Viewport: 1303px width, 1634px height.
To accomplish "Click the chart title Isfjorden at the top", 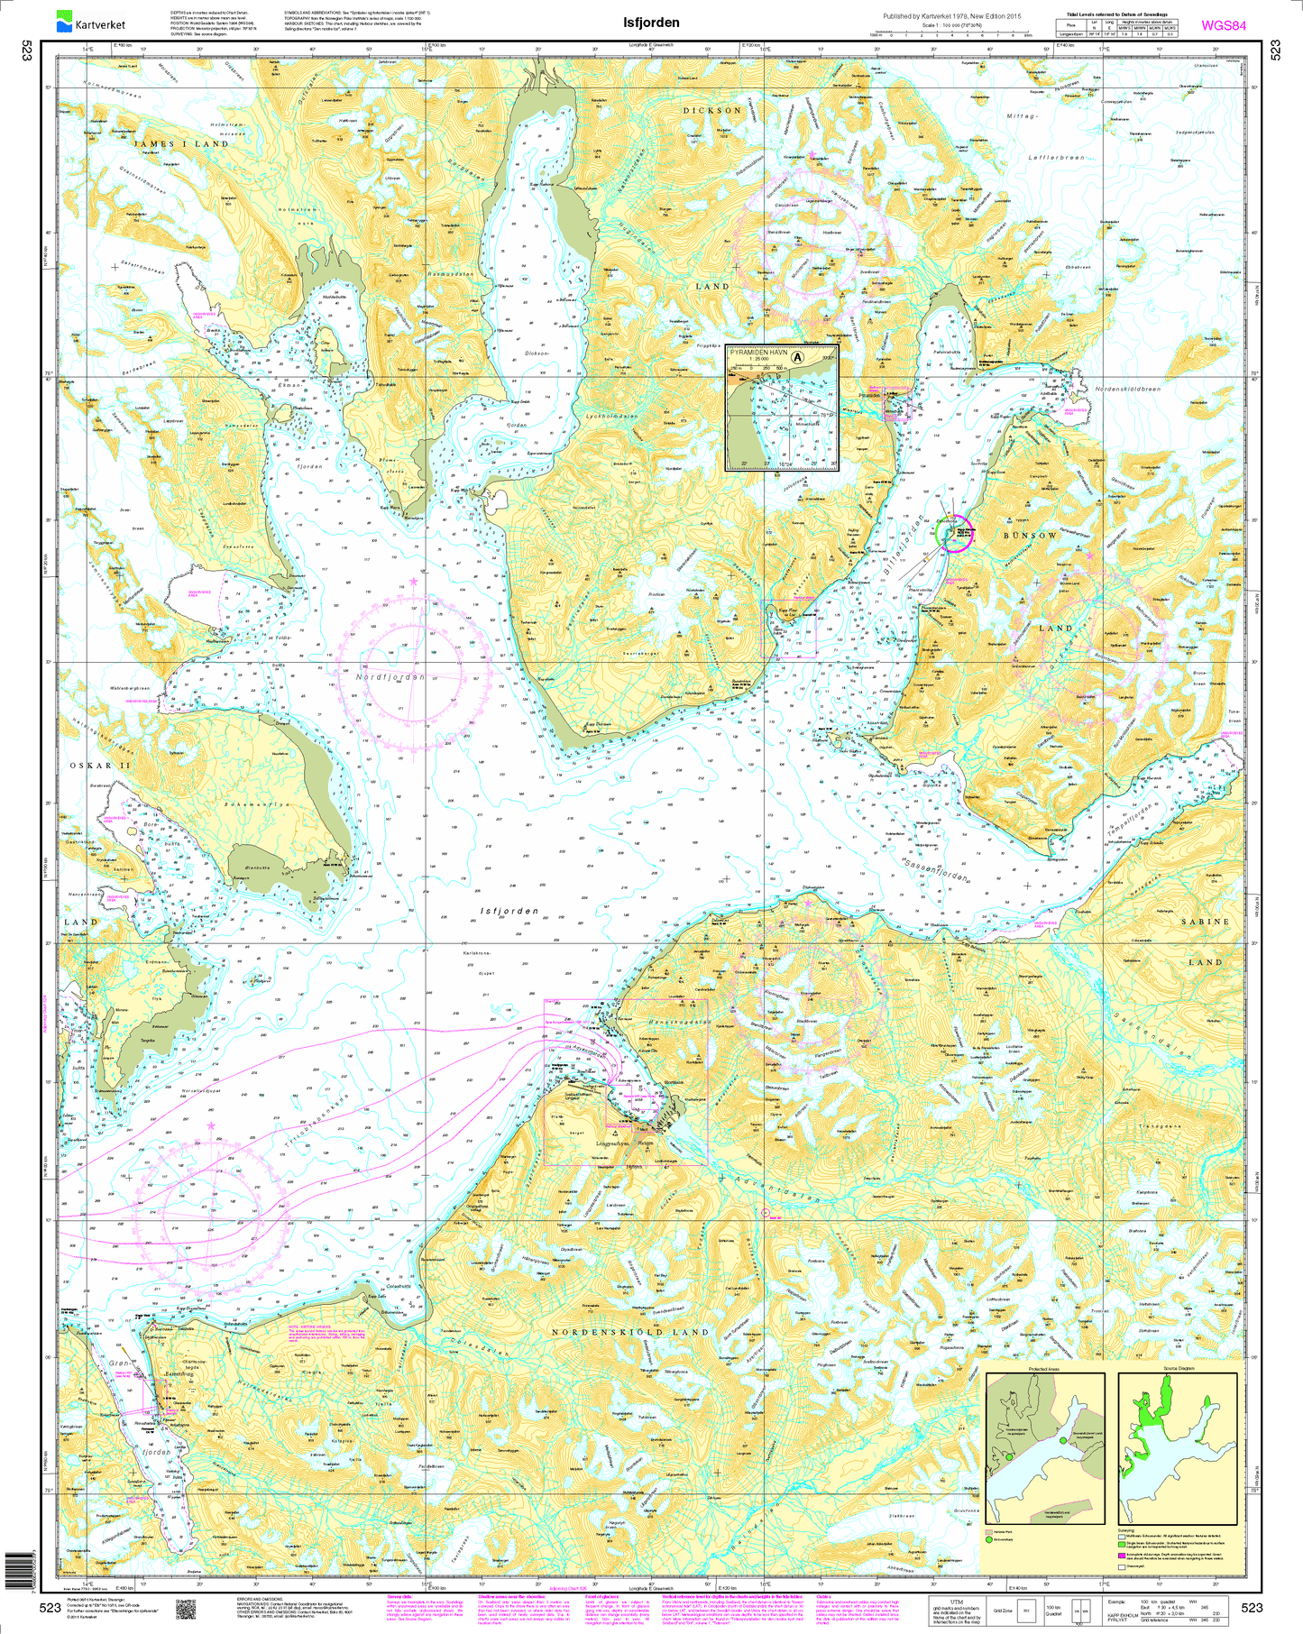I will click(651, 23).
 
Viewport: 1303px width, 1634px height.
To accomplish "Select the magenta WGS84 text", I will click(1223, 25).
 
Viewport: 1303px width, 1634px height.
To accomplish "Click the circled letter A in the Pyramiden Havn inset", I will click(797, 357).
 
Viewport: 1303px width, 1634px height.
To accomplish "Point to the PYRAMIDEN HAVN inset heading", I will click(756, 352).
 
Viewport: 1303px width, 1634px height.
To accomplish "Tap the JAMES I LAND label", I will click(181, 144).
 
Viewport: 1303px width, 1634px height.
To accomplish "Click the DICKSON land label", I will click(711, 111).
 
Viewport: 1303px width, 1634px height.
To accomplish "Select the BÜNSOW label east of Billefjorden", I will click(1030, 536).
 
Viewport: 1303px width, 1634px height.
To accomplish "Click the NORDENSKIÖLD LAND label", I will click(630, 1332).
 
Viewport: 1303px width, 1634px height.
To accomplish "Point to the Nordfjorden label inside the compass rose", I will click(390, 676).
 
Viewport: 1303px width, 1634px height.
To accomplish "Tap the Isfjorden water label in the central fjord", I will click(509, 912).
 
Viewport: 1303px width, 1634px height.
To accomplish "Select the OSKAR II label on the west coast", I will click(100, 766).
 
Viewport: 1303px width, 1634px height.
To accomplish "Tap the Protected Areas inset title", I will click(1043, 1368).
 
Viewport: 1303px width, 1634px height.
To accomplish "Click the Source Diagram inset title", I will click(1179, 1368).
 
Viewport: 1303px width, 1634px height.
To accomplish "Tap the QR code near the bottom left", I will click(186, 1609).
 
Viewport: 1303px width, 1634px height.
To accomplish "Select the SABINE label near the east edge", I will click(1205, 922).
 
